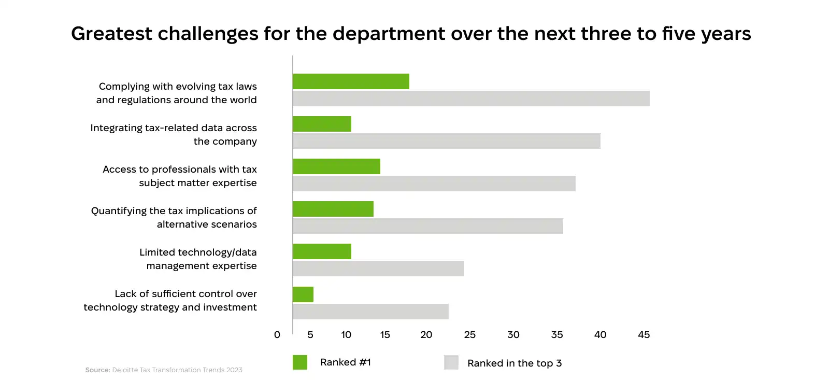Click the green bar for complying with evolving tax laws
click(351, 81)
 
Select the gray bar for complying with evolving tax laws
click(471, 98)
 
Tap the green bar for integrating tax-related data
click(322, 124)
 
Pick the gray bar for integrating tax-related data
click(446, 141)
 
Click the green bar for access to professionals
click(336, 166)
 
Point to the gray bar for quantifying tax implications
click(427, 226)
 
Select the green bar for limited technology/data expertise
click(322, 251)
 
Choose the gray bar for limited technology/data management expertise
click(378, 269)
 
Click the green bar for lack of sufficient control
click(303, 294)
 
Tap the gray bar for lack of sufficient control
click(370, 312)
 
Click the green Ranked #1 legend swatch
click(300, 362)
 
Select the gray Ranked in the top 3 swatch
click(451, 362)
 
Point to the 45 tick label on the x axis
click(644, 335)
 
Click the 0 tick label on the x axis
click(277, 335)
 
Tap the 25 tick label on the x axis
click(469, 335)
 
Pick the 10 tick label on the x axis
click(346, 335)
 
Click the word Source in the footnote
click(97, 370)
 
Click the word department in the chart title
click(389, 34)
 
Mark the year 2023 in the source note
click(234, 370)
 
